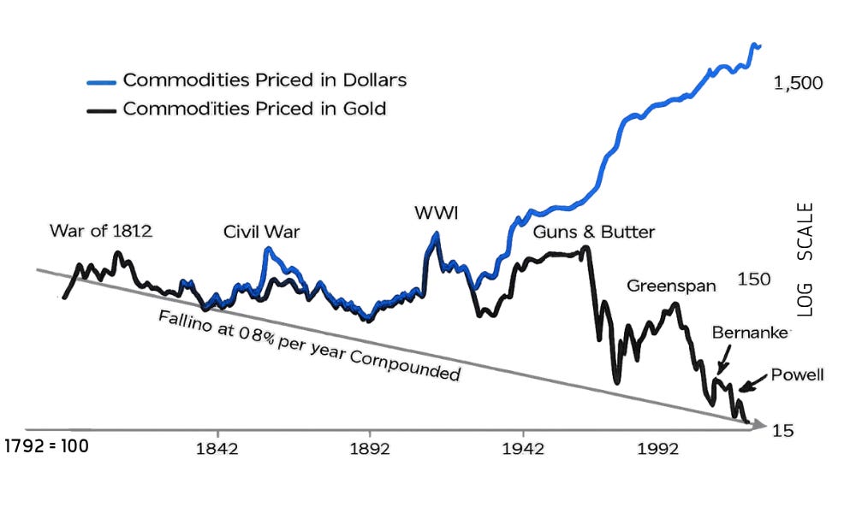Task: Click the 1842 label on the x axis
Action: (x=217, y=449)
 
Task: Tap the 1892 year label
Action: (x=370, y=449)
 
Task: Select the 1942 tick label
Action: (x=523, y=449)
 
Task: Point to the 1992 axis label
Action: (x=658, y=449)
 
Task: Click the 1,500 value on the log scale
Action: (x=798, y=83)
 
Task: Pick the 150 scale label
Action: (x=754, y=279)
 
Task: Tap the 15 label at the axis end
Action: (x=782, y=431)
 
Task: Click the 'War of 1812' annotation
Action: (x=101, y=231)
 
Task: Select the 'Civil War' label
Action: (x=261, y=232)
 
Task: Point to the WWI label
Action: (x=437, y=213)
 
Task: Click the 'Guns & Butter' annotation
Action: (x=594, y=232)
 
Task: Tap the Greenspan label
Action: (x=671, y=286)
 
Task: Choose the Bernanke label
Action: (x=750, y=332)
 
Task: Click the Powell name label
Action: (x=797, y=375)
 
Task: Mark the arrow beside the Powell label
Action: (x=752, y=383)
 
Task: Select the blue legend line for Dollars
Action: (x=102, y=83)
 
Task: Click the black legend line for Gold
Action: (x=102, y=111)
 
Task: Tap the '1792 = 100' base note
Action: (x=46, y=446)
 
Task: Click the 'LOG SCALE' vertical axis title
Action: (x=805, y=260)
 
